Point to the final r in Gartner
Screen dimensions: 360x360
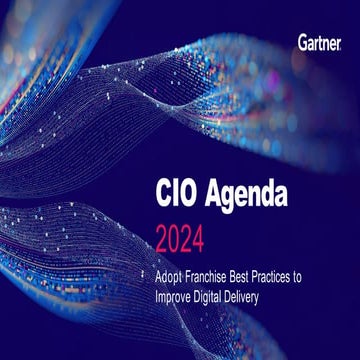point(340,42)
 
